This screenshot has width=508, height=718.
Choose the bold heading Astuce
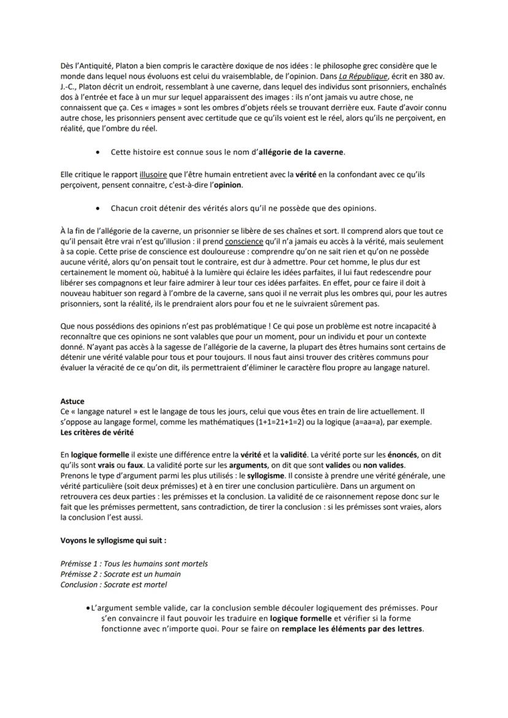[72, 402]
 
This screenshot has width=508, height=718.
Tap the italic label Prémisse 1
[80, 563]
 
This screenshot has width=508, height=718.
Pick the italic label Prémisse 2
[80, 575]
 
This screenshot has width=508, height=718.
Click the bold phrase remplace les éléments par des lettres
[352, 630]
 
